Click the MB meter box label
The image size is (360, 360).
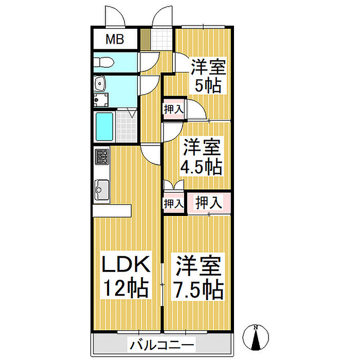tap(115, 39)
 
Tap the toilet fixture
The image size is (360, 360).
tap(104, 62)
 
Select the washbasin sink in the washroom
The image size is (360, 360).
tap(100, 83)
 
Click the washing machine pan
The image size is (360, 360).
tap(101, 100)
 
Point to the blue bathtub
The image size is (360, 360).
tap(104, 127)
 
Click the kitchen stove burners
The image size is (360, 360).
tap(102, 157)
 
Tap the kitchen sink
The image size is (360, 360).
tap(102, 190)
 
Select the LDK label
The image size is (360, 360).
tap(125, 264)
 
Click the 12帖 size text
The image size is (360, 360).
tap(125, 287)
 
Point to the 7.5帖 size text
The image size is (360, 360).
tap(198, 289)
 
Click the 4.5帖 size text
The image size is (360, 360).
tap(201, 167)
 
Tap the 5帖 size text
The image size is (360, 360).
tap(208, 85)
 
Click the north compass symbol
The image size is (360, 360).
tap(256, 337)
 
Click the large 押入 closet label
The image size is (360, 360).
tap(209, 203)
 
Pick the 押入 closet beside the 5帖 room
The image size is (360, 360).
tap(174, 109)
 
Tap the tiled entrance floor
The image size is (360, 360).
tap(162, 39)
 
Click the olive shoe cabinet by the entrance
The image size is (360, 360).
tap(145, 39)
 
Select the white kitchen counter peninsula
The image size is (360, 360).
tap(112, 210)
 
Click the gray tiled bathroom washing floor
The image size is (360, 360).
tap(127, 127)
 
